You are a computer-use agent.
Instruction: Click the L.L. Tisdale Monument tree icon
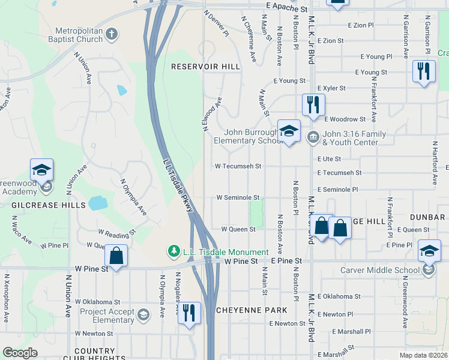pyautogui.click(x=174, y=251)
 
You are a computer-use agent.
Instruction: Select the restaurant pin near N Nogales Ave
pyautogui.click(x=189, y=313)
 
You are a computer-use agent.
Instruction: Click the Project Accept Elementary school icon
pyautogui.click(x=143, y=314)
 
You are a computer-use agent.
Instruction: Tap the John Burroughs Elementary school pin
pyautogui.click(x=289, y=131)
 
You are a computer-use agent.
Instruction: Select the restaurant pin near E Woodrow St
pyautogui.click(x=313, y=105)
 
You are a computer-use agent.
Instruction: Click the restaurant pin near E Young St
pyautogui.click(x=424, y=71)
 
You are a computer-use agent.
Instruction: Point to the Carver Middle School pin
pyautogui.click(x=429, y=251)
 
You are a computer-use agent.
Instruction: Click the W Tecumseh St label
pyautogui.click(x=239, y=166)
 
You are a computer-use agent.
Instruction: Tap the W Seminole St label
pyautogui.click(x=238, y=197)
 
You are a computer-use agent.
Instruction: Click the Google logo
pyautogui.click(x=20, y=353)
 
